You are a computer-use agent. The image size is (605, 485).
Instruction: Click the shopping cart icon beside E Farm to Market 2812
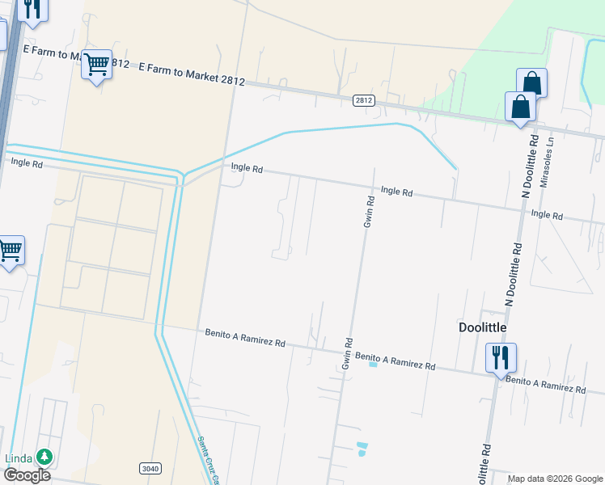(96, 65)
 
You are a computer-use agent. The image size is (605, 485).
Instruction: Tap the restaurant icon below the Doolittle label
(501, 356)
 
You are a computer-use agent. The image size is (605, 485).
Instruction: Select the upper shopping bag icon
(531, 82)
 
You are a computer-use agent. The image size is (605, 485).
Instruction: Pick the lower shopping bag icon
(520, 107)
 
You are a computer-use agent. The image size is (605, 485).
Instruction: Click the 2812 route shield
(364, 99)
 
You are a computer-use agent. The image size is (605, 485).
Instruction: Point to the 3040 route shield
(150, 468)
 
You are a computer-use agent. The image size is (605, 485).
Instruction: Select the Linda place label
(19, 458)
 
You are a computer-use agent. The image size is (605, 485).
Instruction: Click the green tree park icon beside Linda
(44, 458)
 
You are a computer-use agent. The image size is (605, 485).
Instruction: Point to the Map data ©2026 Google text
(555, 479)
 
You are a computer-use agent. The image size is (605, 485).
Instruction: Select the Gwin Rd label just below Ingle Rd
(368, 212)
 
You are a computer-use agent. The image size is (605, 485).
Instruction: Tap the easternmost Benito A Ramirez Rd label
(545, 384)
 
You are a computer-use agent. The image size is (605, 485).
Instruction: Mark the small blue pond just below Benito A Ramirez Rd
(373, 364)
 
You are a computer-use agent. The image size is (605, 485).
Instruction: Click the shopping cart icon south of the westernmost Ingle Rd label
(11, 251)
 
